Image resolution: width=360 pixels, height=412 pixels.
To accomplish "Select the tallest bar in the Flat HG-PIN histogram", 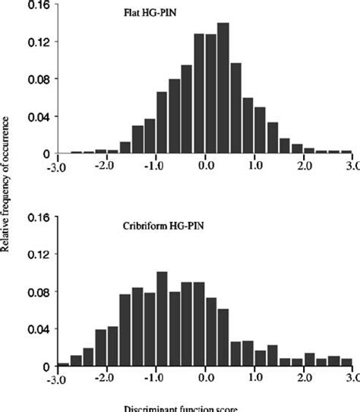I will pyautogui.click(x=223, y=88).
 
